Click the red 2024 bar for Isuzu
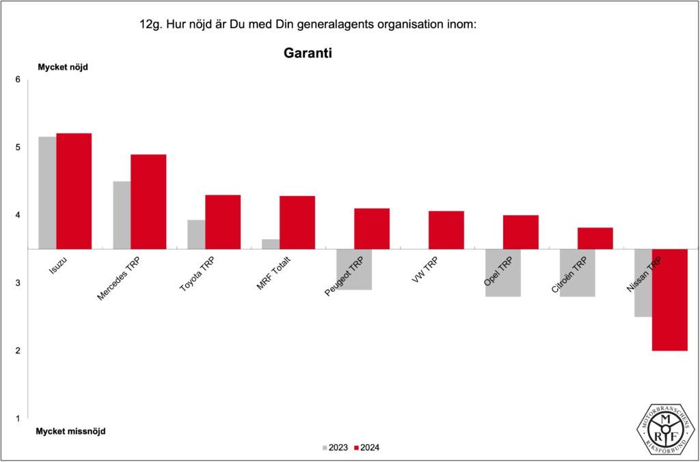coord(74,191)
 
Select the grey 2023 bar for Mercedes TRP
coord(122,215)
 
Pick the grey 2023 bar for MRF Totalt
coord(271,244)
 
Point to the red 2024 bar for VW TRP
coord(446,230)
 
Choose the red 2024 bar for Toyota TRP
coord(223,221)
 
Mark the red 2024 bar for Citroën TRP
coord(595,238)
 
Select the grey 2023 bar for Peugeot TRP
coord(353,269)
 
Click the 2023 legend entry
coord(335,448)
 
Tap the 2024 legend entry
coord(367,448)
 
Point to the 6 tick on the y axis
coord(18,80)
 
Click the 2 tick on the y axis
coord(18,351)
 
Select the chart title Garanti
coord(308,53)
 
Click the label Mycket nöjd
coord(62,67)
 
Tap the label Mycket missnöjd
coord(70,431)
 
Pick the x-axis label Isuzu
coord(59,265)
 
